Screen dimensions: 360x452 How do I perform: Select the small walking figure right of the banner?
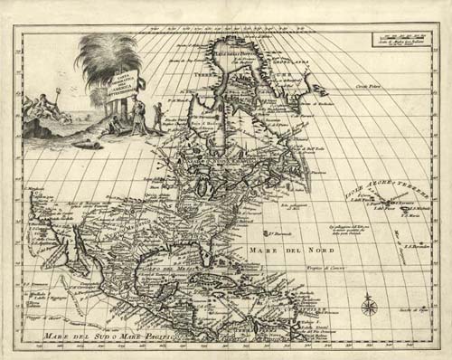159,115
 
